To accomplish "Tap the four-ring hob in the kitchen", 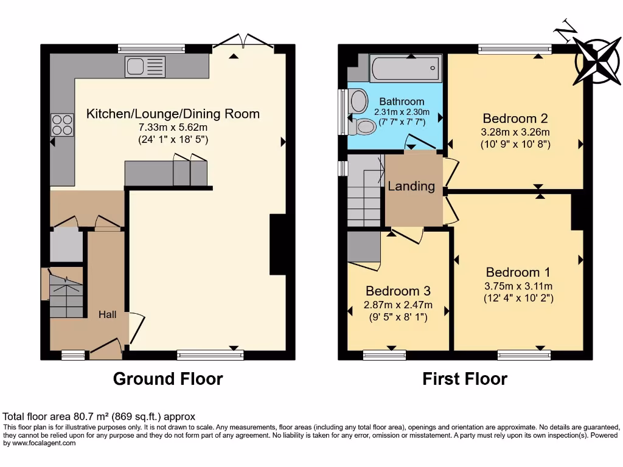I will [61, 125].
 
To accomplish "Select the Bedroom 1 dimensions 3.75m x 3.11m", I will [518, 286].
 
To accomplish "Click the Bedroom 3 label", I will [398, 291].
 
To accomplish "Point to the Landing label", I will [411, 186].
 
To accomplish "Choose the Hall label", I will [109, 314].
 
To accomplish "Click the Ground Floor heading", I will [168, 379].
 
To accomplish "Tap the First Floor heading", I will [465, 379].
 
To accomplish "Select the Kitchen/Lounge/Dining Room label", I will [173, 114].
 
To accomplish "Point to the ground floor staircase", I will [65, 296].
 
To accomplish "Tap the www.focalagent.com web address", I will [40, 443].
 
